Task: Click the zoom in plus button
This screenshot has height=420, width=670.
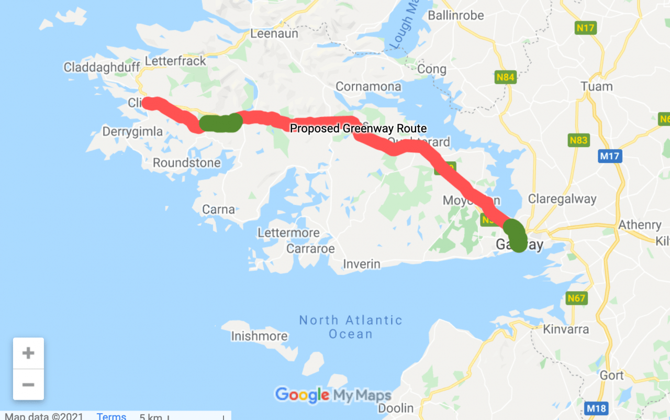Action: (x=28, y=353)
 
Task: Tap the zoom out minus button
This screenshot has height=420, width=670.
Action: (x=28, y=385)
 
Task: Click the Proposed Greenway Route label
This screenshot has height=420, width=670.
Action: (x=358, y=128)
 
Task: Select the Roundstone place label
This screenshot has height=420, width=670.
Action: (x=186, y=163)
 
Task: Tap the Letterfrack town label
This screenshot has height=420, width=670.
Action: (x=175, y=61)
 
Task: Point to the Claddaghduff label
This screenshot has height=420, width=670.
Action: (x=102, y=67)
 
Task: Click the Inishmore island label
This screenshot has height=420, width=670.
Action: (x=259, y=336)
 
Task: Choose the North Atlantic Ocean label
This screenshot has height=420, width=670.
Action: (x=351, y=327)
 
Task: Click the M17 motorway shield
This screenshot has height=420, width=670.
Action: (x=610, y=156)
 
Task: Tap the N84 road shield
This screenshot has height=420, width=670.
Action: (x=505, y=78)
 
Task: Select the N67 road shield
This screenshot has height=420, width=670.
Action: (x=576, y=298)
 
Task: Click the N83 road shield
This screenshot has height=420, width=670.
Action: (x=578, y=140)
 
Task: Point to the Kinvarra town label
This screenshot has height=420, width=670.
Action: (x=566, y=329)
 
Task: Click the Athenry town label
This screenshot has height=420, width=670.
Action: (x=640, y=225)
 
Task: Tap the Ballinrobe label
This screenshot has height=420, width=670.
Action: (x=456, y=15)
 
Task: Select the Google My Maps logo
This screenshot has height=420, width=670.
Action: (x=333, y=395)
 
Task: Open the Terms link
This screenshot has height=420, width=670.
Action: (x=111, y=416)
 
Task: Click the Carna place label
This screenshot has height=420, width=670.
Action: (x=218, y=209)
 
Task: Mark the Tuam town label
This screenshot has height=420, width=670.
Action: (x=597, y=86)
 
